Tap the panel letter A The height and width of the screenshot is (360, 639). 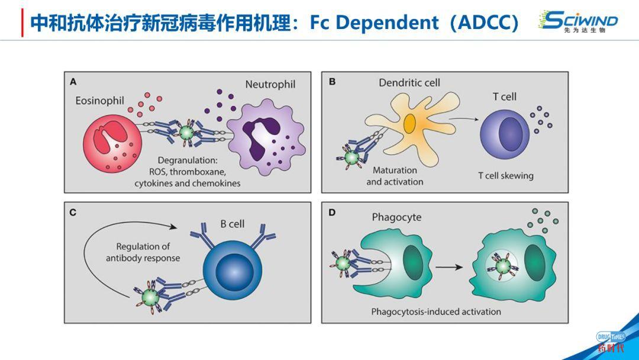(73, 81)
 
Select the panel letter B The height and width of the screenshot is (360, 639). (331, 81)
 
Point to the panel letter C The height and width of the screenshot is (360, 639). (73, 211)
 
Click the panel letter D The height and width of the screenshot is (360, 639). (331, 211)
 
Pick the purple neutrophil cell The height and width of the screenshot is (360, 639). (266, 134)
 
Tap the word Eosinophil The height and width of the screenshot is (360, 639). (99, 101)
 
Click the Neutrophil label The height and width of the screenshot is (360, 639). (270, 85)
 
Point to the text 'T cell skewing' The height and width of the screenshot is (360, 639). (505, 175)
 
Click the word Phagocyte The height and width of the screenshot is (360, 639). (396, 217)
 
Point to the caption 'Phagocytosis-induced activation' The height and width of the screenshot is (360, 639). (436, 311)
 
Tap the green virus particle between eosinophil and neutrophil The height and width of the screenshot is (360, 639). (187, 133)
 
